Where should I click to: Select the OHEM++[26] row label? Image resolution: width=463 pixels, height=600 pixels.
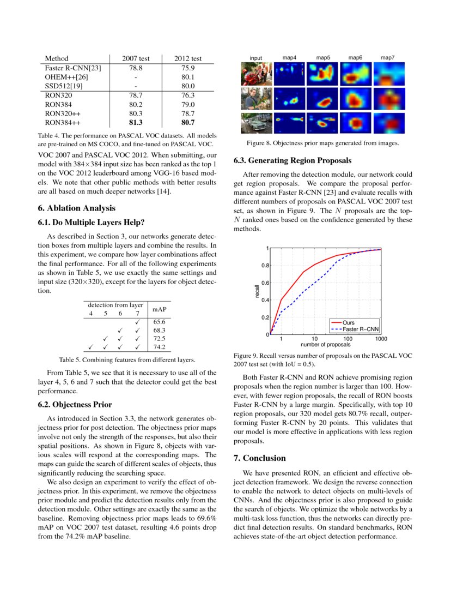(64, 77)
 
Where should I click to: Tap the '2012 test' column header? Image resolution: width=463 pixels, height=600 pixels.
(188, 58)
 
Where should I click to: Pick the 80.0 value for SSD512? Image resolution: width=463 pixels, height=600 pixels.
(188, 86)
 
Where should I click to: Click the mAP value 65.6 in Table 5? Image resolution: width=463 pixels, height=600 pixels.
(160, 322)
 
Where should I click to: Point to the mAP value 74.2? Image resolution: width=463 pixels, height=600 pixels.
(160, 346)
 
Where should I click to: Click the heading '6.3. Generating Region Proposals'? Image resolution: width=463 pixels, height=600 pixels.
(293, 161)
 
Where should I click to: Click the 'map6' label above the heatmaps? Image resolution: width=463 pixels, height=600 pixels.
(356, 58)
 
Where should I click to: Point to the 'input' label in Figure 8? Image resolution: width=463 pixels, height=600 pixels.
(256, 58)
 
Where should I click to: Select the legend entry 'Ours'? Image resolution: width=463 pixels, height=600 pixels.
(349, 323)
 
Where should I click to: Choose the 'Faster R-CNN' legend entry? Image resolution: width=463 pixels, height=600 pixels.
(361, 329)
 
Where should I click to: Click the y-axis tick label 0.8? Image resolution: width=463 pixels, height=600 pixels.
(264, 266)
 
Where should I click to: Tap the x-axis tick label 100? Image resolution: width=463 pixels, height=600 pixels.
(347, 339)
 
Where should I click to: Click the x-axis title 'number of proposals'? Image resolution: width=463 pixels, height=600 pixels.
(326, 345)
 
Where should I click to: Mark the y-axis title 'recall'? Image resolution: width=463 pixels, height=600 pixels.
(257, 291)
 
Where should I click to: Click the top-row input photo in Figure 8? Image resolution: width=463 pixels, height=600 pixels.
(256, 74)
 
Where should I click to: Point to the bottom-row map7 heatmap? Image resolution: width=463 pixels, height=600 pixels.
(388, 123)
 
